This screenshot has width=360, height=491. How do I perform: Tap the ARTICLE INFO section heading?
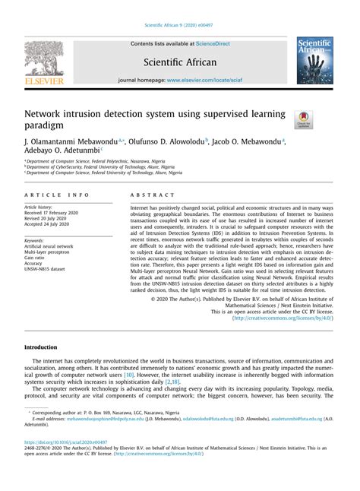coord(57,195)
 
